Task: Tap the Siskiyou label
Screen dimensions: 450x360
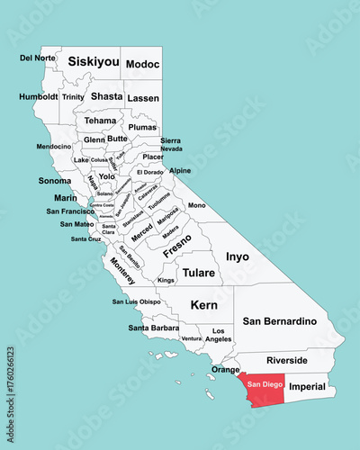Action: pos(94,62)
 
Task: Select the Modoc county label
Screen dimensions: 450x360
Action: pos(142,64)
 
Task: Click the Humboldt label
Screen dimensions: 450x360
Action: pos(38,96)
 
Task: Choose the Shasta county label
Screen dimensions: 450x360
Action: pos(106,96)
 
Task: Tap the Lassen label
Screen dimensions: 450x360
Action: pos(142,97)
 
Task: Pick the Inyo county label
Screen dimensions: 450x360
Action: pos(237,256)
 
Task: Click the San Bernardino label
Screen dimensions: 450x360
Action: pos(280,320)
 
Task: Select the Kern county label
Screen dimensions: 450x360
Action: pos(203,305)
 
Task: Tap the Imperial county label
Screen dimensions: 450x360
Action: pos(307,386)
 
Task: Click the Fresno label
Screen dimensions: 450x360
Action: pos(178,247)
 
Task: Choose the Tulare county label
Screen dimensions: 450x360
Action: pos(198,272)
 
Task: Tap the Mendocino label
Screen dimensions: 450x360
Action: pos(54,146)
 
